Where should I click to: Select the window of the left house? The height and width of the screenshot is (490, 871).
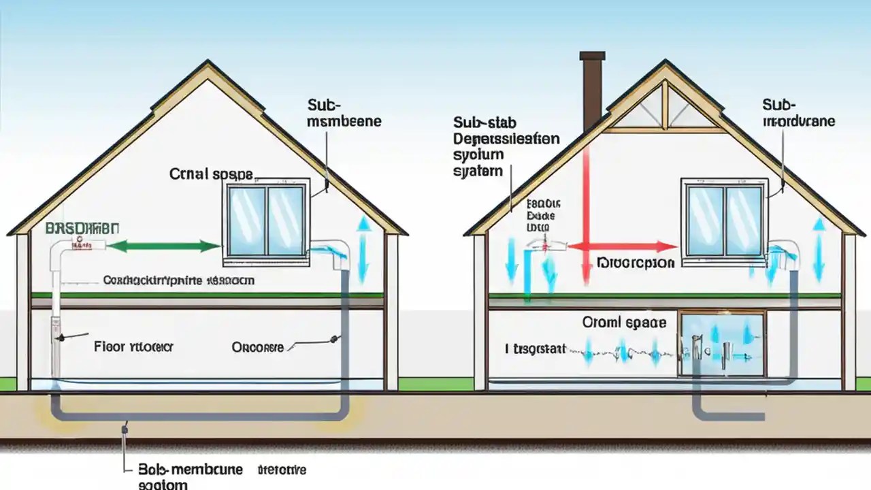266,221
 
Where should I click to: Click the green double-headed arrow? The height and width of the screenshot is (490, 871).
164,246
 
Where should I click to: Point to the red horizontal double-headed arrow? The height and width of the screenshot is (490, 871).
622,246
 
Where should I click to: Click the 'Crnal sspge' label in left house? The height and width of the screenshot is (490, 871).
211,174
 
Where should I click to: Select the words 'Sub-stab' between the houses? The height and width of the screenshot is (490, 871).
484,122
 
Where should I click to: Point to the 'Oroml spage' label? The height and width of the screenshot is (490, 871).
624,322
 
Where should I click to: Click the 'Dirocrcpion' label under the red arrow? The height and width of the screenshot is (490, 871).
636,263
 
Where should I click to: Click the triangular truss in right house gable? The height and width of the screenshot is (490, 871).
663,109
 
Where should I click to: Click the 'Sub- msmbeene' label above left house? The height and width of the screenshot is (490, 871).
344,113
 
